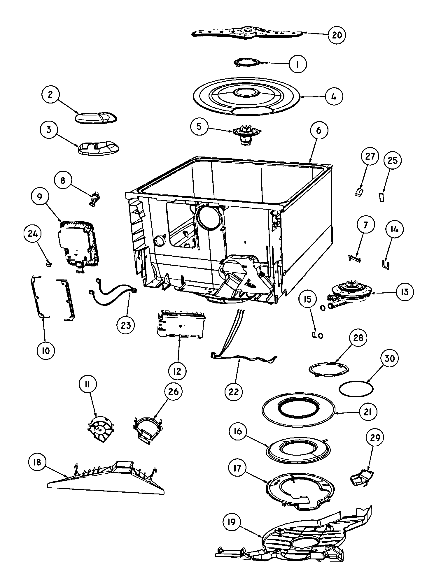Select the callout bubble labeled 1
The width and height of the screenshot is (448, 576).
tap(297, 64)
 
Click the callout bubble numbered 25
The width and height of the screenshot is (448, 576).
tap(392, 160)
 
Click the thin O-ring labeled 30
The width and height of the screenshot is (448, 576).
tap(356, 389)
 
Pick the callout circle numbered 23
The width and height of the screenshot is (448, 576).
tap(126, 325)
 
